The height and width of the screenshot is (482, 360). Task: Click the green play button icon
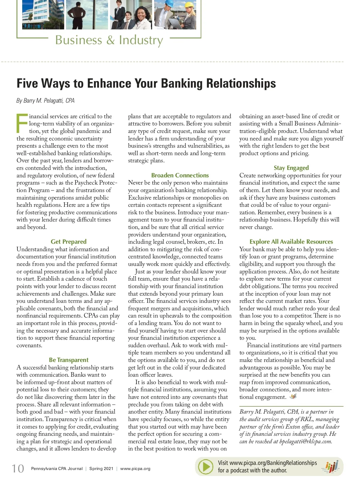[206, 467]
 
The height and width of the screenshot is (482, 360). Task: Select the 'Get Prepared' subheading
[69, 242]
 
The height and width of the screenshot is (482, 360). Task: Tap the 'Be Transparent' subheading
[69, 360]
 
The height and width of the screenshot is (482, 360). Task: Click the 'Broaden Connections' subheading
[180, 175]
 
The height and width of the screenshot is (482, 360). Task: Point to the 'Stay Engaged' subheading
[291, 168]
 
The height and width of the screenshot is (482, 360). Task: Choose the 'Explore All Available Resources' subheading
[291, 242]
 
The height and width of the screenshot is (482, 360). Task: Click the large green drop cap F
[22, 123]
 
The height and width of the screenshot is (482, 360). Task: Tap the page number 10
[18, 468]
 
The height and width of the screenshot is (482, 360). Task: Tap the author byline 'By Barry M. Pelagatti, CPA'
[45, 101]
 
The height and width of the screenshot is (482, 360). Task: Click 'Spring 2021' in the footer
[101, 468]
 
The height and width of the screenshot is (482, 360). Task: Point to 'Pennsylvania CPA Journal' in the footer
[57, 468]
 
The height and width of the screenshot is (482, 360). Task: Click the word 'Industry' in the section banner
[141, 40]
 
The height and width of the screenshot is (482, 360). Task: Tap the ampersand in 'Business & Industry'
[110, 40]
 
